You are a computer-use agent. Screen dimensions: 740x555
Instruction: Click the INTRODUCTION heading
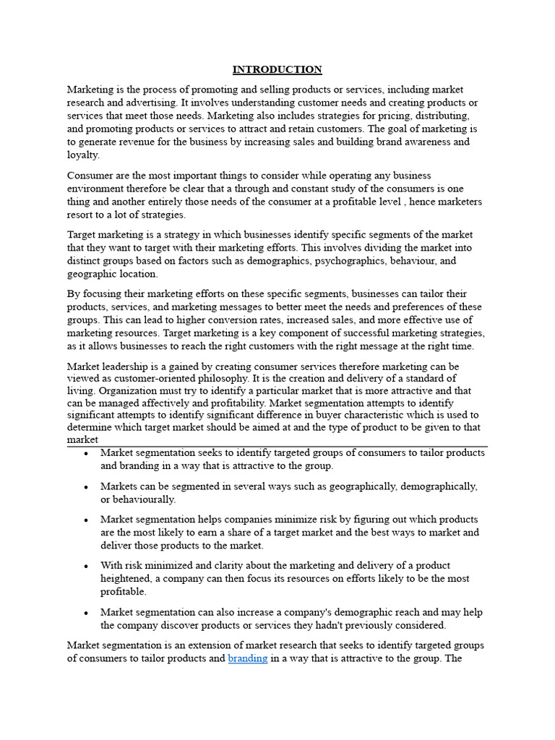277,70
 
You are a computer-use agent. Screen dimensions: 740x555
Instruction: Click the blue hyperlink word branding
248,658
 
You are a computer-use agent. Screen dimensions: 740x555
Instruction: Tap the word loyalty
83,155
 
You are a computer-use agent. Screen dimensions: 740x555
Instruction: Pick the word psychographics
349,261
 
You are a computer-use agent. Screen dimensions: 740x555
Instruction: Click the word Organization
121,392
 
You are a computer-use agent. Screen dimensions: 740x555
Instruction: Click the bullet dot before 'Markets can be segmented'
86,487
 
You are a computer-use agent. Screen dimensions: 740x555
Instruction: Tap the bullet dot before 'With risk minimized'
86,566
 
